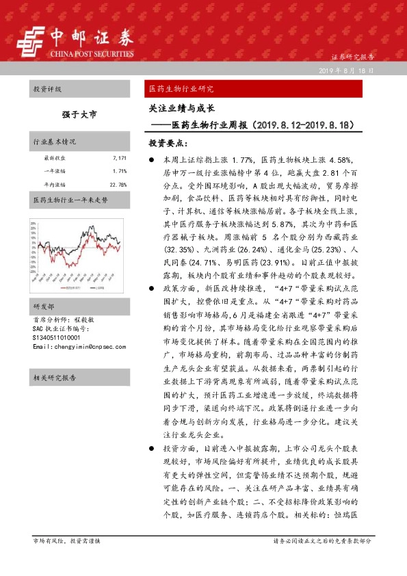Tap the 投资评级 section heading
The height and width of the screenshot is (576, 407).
[47, 90]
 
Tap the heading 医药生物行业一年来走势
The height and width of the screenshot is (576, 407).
[70, 200]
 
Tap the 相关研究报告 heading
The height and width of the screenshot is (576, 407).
[55, 378]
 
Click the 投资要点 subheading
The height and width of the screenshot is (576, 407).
[168, 144]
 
